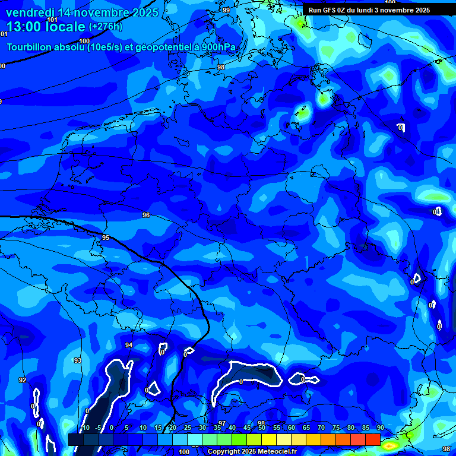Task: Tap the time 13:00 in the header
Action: click(x=24, y=27)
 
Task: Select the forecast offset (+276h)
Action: click(x=107, y=27)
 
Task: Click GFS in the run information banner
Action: click(x=330, y=10)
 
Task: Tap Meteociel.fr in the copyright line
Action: click(x=277, y=452)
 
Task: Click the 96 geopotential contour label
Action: click(x=146, y=215)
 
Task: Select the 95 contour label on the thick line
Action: click(x=106, y=237)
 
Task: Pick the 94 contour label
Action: click(x=129, y=345)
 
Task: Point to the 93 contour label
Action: click(x=77, y=360)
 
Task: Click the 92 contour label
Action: click(x=23, y=380)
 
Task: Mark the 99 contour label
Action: click(x=226, y=10)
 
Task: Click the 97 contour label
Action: click(x=222, y=423)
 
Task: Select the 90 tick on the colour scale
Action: click(x=380, y=428)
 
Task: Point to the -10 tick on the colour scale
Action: click(x=85, y=428)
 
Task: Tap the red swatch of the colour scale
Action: click(x=372, y=439)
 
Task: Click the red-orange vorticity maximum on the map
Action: click(x=390, y=444)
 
